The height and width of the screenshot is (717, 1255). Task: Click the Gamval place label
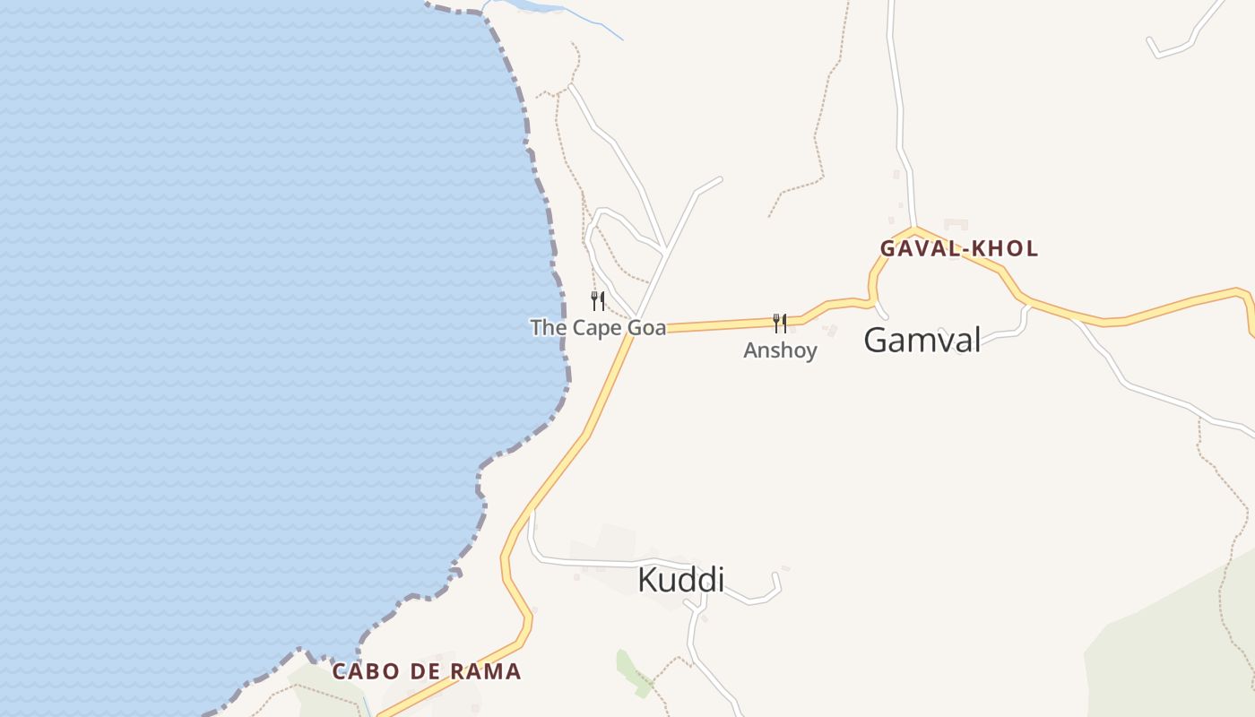tap(922, 340)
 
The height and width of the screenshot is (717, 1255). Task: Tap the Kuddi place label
tap(680, 580)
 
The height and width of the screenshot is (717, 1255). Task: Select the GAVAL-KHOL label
tap(958, 249)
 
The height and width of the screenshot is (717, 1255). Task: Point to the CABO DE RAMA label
tap(427, 671)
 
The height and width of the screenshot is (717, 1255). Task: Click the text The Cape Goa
tap(598, 328)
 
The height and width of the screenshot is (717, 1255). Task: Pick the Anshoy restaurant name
tap(780, 350)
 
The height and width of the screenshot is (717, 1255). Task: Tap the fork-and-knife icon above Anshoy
tap(780, 323)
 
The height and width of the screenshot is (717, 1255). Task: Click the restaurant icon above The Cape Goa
tap(598, 300)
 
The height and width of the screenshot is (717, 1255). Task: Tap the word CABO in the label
tap(362, 671)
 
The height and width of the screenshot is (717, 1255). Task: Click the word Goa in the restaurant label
tap(645, 328)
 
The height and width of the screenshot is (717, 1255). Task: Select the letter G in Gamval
tap(877, 340)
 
